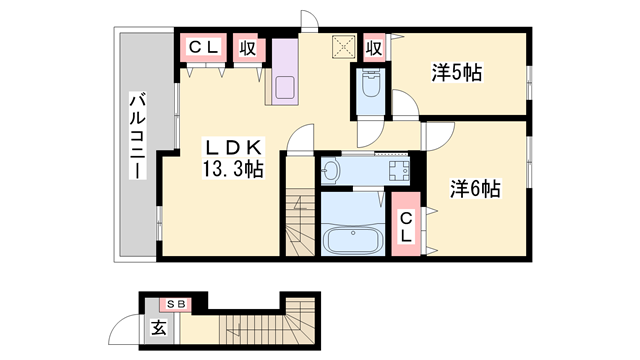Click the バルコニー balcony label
pyautogui.click(x=137, y=136)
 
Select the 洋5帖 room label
pyautogui.click(x=457, y=72)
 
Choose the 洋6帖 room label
pyautogui.click(x=474, y=187)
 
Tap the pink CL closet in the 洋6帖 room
pyautogui.click(x=406, y=227)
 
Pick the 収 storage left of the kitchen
pyautogui.click(x=246, y=46)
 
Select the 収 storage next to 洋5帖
pyautogui.click(x=374, y=46)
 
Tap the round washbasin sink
pyautogui.click(x=332, y=172)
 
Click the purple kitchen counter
pyautogui.click(x=283, y=76)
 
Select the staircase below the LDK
pyautogui.click(x=299, y=220)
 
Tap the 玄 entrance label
pyautogui.click(x=158, y=326)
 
